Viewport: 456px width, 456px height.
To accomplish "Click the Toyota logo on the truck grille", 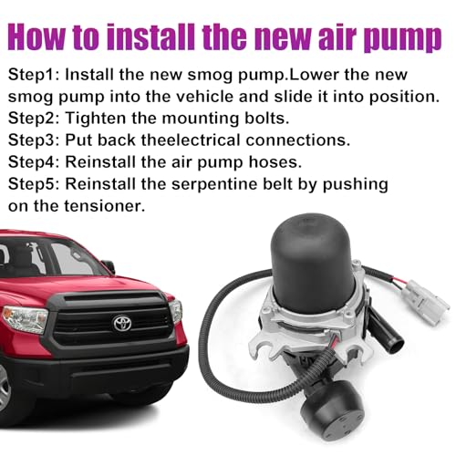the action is [x=122, y=324].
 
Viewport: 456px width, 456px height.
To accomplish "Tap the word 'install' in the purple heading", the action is [x=154, y=37].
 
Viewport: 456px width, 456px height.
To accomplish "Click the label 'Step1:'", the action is [x=34, y=76].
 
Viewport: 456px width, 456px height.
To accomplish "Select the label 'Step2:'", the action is [x=34, y=119].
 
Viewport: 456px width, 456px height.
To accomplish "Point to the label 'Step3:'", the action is [x=34, y=140].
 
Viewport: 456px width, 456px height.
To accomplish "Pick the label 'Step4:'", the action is [x=34, y=162].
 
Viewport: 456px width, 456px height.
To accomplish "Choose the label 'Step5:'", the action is [x=34, y=184].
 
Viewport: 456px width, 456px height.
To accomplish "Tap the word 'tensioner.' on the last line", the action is [x=105, y=206].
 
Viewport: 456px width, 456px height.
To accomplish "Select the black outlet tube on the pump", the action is [x=389, y=335].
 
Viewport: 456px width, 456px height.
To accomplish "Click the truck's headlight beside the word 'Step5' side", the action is [x=25, y=318].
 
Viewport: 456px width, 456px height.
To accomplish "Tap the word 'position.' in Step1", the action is [x=405, y=98].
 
